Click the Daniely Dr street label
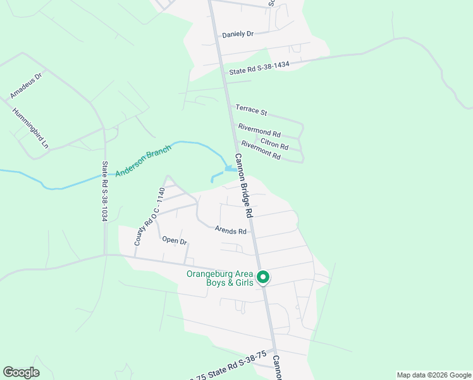click(x=238, y=34)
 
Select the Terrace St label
click(x=251, y=111)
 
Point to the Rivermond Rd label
click(x=259, y=130)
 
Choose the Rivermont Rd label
click(x=261, y=150)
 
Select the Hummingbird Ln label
click(x=30, y=127)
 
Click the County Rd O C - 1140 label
click(x=149, y=217)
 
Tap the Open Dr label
click(x=175, y=240)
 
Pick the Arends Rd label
click(x=230, y=231)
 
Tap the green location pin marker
click(x=264, y=277)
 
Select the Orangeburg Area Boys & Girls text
click(x=220, y=278)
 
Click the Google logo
click(x=21, y=372)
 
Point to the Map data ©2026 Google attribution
click(x=434, y=375)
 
